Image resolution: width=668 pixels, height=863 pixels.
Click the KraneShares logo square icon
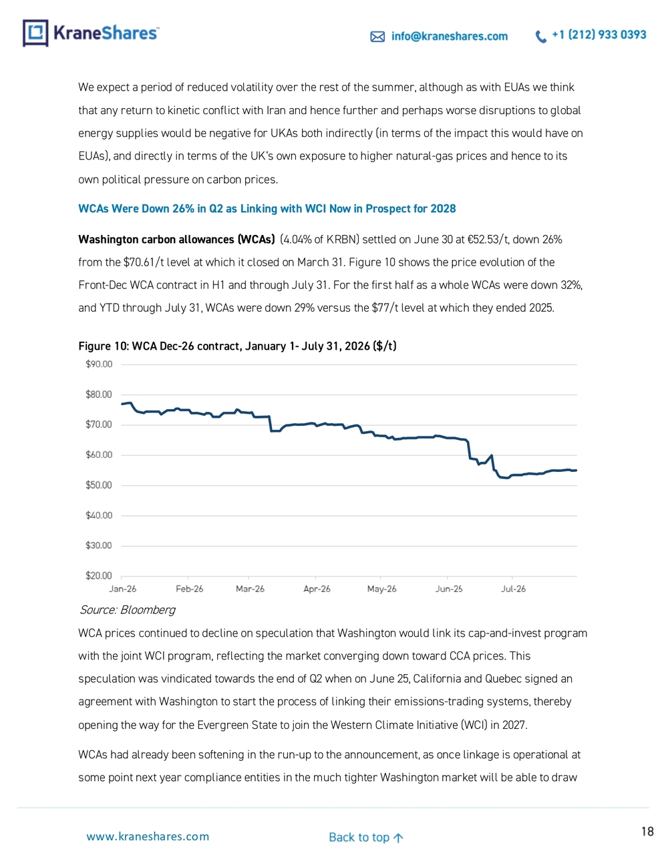tap(35, 33)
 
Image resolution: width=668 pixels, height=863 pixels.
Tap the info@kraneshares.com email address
tap(450, 36)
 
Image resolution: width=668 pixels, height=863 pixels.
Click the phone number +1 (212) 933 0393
tap(599, 35)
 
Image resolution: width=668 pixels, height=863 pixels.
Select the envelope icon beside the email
tap(377, 37)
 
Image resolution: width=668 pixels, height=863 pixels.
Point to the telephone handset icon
tap(541, 37)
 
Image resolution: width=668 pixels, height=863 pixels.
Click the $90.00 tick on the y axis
tap(99, 364)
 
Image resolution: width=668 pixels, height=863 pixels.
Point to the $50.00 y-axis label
tap(99, 485)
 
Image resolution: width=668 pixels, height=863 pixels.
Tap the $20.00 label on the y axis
tap(99, 575)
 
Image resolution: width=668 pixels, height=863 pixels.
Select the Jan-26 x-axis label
tap(123, 589)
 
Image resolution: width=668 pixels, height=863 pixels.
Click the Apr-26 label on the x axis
tap(317, 589)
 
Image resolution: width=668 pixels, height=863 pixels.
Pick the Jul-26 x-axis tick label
tap(513, 589)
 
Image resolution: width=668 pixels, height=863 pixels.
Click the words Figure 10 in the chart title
tap(103, 346)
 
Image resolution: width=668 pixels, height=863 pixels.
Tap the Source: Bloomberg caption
tap(127, 609)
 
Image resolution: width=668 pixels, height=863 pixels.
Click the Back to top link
tap(366, 837)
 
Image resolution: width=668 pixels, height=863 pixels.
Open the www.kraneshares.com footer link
tap(148, 836)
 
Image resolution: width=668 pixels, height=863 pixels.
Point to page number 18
tap(647, 831)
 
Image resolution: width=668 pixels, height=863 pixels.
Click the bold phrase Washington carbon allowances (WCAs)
tap(176, 240)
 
